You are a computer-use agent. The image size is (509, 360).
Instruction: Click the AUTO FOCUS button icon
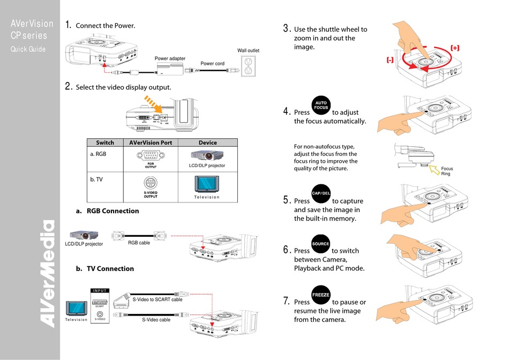321,105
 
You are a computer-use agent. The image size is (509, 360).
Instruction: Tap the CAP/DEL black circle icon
321,193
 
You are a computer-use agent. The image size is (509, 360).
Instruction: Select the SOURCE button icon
321,244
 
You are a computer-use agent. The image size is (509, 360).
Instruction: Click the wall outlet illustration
248,65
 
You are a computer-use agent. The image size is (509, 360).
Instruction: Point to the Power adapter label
170,58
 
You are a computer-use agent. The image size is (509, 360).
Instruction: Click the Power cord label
212,63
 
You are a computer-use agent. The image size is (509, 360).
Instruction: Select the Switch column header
105,142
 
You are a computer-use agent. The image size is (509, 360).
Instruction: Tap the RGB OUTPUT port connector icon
151,156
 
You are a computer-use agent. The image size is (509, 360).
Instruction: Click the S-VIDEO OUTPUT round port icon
151,183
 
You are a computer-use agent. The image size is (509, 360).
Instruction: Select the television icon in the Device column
207,183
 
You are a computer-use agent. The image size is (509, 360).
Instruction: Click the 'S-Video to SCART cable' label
158,299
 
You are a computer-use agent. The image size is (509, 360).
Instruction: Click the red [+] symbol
455,48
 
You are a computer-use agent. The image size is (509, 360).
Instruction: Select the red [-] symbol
390,60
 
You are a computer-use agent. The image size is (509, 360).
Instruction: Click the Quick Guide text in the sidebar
28,50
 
